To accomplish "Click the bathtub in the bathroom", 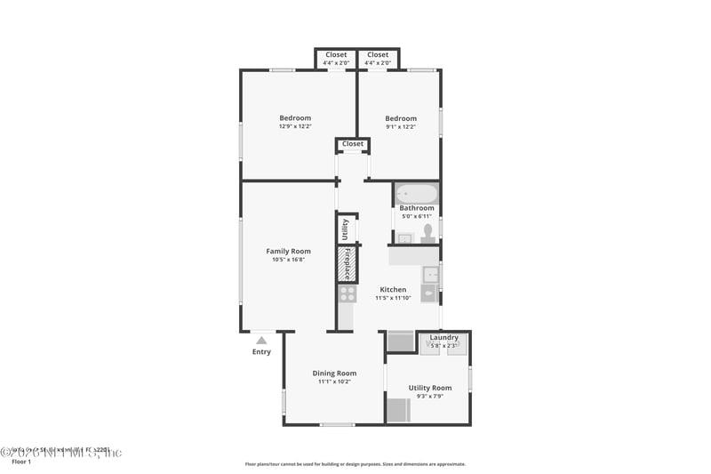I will click(417, 193).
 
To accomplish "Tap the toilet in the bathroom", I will click(427, 233).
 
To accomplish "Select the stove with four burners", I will click(347, 293).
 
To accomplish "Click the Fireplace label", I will click(347, 264).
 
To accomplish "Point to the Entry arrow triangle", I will click(261, 340).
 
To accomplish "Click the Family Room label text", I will click(288, 252).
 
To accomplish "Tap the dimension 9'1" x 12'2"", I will click(401, 127).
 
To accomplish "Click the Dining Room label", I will click(334, 373).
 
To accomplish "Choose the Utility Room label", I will click(430, 388).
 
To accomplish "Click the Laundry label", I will click(443, 337).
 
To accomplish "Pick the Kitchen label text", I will click(393, 290).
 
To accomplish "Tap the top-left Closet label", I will click(336, 55).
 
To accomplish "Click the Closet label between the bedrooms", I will click(353, 144).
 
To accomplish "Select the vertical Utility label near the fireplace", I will click(346, 229).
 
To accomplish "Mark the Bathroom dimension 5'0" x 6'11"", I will click(417, 216).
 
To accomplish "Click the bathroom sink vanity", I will click(404, 237).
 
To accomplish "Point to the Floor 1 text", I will click(20, 462).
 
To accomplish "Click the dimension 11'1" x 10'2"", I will click(334, 382).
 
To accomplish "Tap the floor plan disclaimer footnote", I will click(355, 463).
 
